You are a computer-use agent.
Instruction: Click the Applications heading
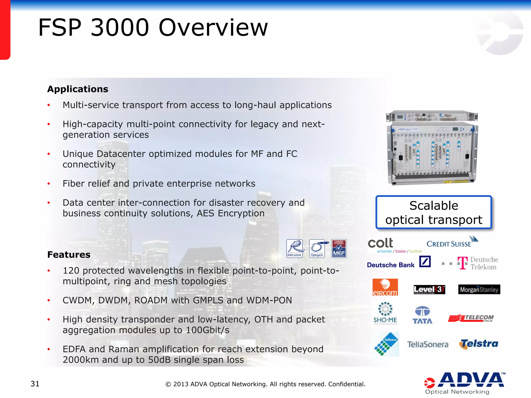tap(78, 89)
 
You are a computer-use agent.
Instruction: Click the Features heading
tap(69, 255)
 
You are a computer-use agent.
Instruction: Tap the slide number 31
tap(35, 384)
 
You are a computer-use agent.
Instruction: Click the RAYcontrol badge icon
tap(294, 248)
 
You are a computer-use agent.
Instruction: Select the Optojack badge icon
tap(317, 248)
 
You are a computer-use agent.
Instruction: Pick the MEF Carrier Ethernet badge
tap(339, 248)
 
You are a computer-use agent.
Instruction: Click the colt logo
tap(381, 243)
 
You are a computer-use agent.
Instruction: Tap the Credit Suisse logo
tap(451, 242)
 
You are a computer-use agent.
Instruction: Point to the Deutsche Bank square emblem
tap(425, 262)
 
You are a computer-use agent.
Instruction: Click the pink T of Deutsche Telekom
tap(463, 263)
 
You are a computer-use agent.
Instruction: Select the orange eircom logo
tap(385, 287)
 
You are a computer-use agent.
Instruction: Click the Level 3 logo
tap(429, 289)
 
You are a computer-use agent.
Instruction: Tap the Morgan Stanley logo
tap(479, 289)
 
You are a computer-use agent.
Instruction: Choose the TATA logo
tap(422, 315)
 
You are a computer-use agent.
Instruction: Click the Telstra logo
tap(479, 344)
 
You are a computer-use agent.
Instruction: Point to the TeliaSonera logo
tap(428, 344)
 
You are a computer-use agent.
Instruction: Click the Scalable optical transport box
tap(434, 212)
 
